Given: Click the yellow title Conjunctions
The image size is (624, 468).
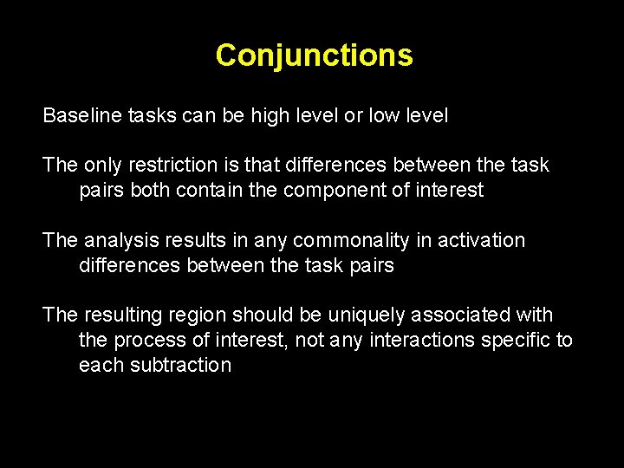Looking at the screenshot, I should (314, 55).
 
